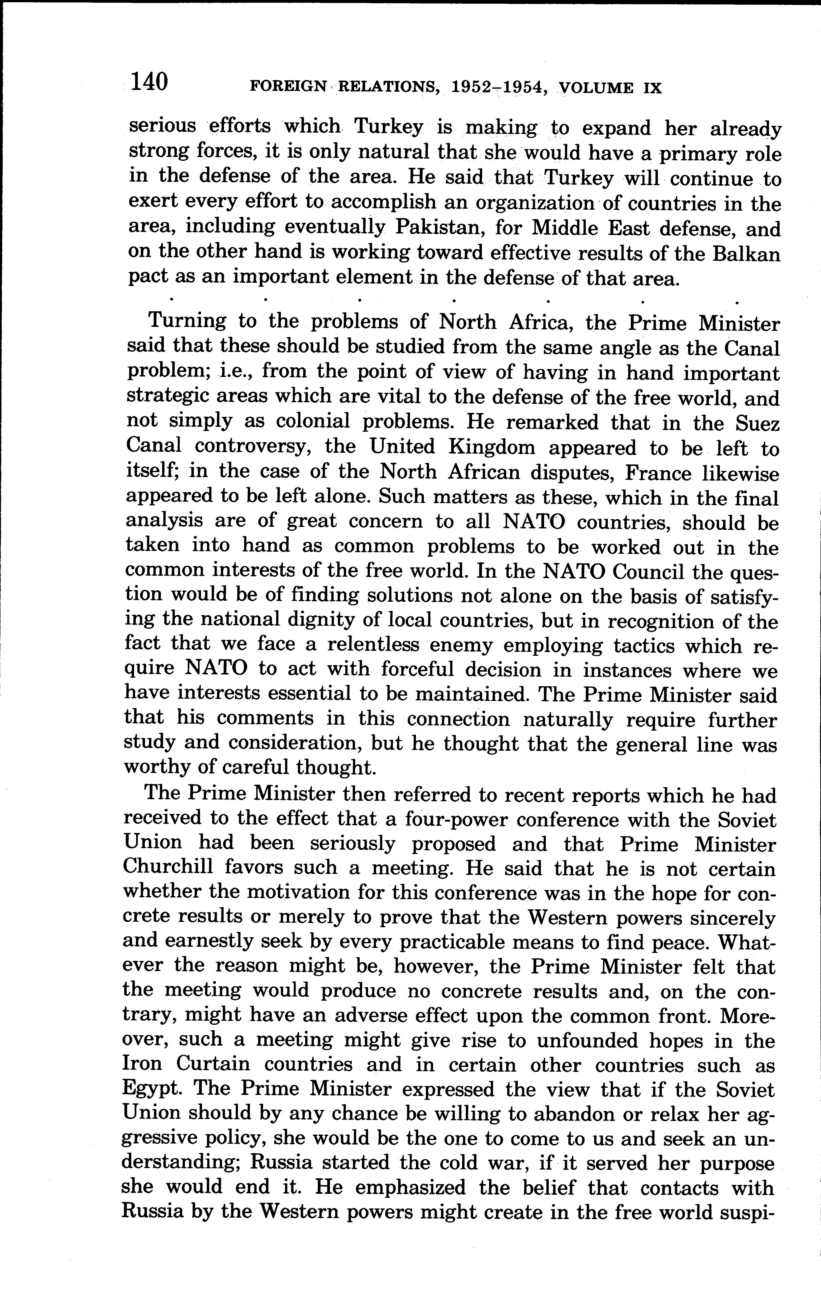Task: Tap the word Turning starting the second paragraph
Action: pyautogui.click(x=187, y=321)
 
